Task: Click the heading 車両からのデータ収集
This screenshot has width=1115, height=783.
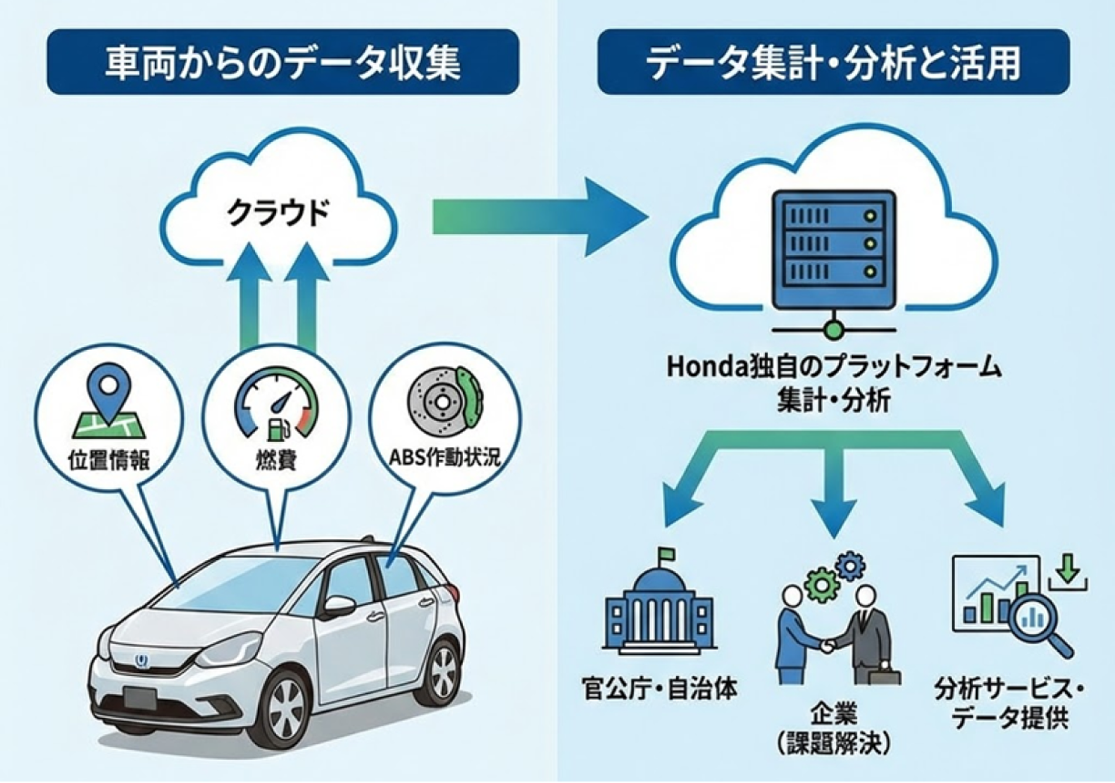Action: pyautogui.click(x=283, y=63)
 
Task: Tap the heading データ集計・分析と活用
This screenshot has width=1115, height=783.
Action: pyautogui.click(x=833, y=63)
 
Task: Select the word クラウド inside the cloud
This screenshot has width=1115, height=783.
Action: pyautogui.click(x=278, y=213)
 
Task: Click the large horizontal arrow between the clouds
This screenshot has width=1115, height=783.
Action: pyautogui.click(x=539, y=217)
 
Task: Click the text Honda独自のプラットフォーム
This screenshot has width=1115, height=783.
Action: pyautogui.click(x=834, y=368)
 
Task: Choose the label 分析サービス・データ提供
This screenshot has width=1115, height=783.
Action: pyautogui.click(x=1008, y=703)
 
